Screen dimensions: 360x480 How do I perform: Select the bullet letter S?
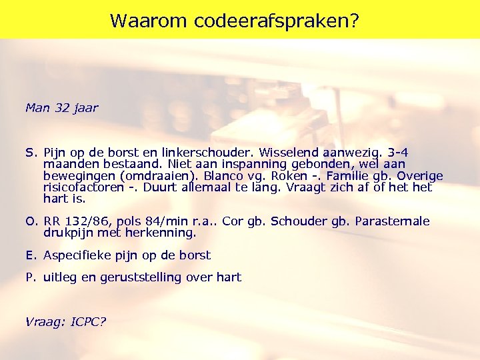[30, 153]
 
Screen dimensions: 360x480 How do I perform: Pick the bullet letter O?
[31, 221]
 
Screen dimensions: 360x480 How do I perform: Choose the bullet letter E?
[30, 255]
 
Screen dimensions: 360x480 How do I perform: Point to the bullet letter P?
[30, 277]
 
